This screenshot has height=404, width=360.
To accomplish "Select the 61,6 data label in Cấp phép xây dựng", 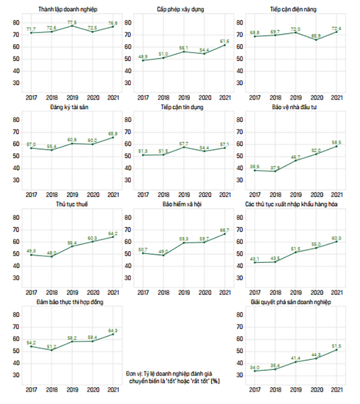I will pos(224,40).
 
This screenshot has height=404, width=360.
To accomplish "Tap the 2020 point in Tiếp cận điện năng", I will pos(316,40).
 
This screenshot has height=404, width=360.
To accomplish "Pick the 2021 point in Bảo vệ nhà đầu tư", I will pos(336,146).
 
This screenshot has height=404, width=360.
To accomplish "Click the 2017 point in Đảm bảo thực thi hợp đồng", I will pos(30,346).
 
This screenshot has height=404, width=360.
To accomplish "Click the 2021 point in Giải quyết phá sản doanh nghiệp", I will pos(336,350).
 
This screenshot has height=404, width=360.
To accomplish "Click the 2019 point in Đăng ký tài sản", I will pos(71,143).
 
